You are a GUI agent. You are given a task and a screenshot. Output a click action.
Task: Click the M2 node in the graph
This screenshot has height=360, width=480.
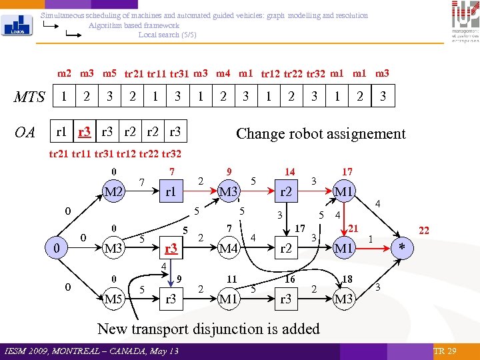[114, 192]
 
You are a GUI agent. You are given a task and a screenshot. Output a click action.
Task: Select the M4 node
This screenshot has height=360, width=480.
[228, 249]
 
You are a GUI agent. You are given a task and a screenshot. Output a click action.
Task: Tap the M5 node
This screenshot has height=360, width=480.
[113, 299]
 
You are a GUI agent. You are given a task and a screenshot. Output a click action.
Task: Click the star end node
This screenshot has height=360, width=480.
[401, 249]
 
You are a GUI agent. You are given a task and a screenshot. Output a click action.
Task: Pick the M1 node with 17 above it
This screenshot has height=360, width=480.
[343, 192]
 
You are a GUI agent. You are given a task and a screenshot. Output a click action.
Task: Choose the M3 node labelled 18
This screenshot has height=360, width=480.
[343, 299]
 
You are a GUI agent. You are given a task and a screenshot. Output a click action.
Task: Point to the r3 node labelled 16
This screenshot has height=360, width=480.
[286, 299]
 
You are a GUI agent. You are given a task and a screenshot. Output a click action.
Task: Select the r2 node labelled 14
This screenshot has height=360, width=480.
[286, 192]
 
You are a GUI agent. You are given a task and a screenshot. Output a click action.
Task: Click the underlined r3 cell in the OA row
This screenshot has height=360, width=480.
[85, 132]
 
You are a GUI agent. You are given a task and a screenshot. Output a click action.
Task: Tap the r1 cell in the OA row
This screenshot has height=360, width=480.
[61, 132]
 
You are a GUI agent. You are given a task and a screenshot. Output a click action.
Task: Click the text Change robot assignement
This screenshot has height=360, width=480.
[321, 133]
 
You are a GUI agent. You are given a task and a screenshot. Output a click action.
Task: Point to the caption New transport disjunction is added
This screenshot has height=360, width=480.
[209, 329]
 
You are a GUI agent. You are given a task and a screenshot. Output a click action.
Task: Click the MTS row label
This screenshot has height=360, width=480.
[29, 97]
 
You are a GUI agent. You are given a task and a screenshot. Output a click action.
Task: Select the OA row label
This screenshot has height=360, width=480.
[25, 133]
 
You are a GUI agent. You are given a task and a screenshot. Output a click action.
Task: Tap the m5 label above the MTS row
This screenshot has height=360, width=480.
[110, 73]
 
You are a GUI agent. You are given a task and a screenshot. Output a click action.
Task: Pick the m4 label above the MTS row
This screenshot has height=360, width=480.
[223, 73]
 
